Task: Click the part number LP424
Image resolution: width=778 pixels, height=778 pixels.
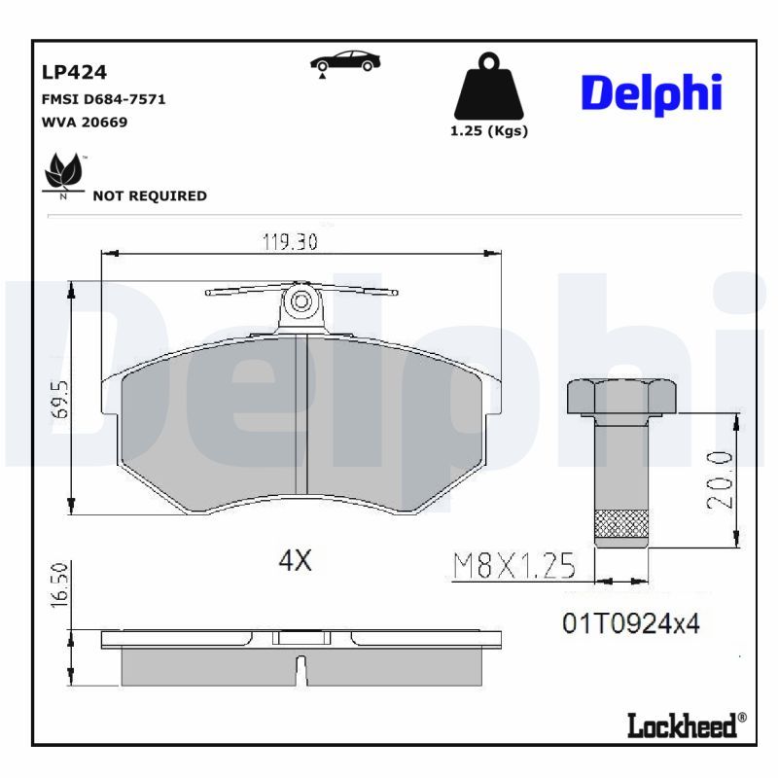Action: tap(74, 72)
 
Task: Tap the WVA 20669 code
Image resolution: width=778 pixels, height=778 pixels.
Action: tap(85, 123)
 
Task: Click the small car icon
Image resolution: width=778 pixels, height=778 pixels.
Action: tap(345, 61)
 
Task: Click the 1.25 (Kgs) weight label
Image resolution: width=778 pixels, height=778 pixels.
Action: tap(488, 131)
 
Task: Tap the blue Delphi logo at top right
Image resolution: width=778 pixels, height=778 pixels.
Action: tap(651, 92)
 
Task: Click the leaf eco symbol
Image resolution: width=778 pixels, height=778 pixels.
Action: tap(64, 172)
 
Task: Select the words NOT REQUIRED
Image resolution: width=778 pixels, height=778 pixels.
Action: tap(149, 195)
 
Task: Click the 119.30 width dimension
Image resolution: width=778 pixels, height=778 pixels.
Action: tap(290, 242)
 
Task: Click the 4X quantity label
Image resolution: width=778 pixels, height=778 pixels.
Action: tap(296, 560)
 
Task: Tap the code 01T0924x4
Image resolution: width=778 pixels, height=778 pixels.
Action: tap(630, 623)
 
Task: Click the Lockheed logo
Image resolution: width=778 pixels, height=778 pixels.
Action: tap(687, 725)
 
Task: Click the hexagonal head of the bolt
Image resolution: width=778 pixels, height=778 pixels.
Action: tap(621, 396)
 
